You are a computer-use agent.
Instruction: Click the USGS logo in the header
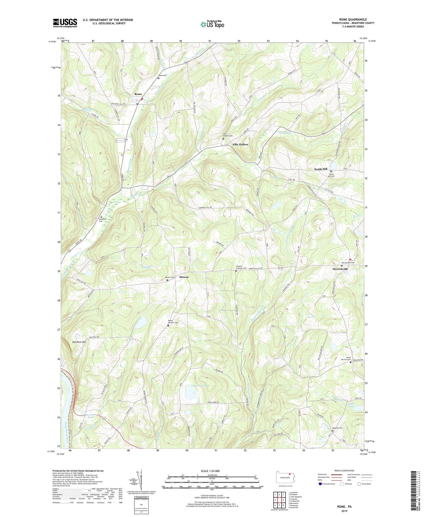[65, 23]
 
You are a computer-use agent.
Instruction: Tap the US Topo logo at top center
[212, 24]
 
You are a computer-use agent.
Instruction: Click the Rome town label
[138, 94]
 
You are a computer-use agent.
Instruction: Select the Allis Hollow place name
[240, 144]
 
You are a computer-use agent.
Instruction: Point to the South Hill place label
[321, 169]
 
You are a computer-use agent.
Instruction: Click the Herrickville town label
[340, 269]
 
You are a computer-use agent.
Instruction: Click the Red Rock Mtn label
[79, 342]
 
